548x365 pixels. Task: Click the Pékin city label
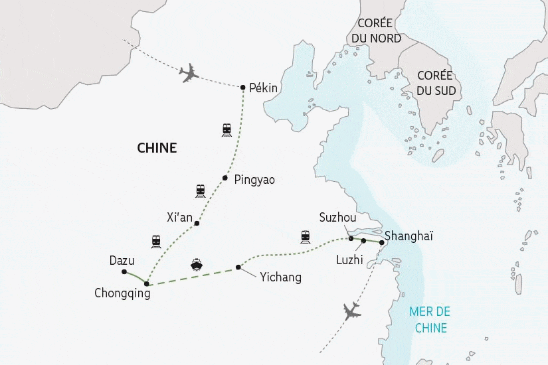[263, 88]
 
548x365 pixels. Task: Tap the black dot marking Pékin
[243, 87]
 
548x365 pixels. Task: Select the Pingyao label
[254, 179]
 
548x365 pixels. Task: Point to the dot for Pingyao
[225, 177]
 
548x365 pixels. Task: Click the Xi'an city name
[179, 217]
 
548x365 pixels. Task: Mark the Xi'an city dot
[197, 224]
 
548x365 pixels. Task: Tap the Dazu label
[122, 261]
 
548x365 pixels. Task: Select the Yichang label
[280, 277]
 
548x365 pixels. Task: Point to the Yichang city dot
[238, 268]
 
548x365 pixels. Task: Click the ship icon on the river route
[197, 265]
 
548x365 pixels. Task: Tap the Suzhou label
[337, 218]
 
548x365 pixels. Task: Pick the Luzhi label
[349, 259]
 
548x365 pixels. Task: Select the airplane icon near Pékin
[190, 73]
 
